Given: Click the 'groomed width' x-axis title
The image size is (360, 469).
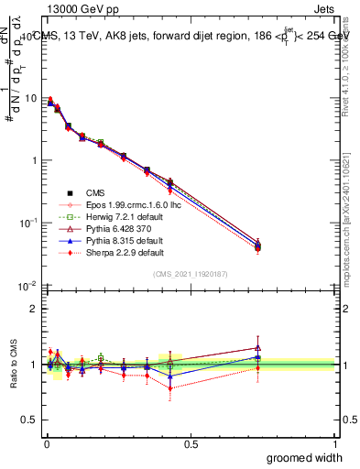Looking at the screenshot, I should (x=300, y=457).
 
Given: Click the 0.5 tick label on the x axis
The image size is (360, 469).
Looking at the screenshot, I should (x=190, y=442).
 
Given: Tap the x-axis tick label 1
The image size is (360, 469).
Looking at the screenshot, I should (x=334, y=442).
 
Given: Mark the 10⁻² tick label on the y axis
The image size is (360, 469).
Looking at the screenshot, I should (x=27, y=286).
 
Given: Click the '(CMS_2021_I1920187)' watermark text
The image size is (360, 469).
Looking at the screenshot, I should (x=191, y=275).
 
